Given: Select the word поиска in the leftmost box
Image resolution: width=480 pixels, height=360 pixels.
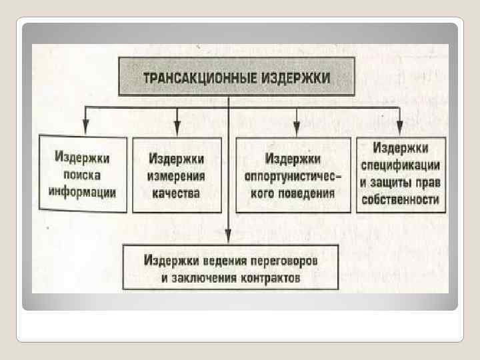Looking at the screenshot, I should click(82, 175).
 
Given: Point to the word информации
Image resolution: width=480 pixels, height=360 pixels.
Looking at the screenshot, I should click(83, 192).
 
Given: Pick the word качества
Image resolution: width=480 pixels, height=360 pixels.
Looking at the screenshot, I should click(177, 193).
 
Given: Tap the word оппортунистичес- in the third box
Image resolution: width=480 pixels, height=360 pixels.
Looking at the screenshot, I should click(293, 177).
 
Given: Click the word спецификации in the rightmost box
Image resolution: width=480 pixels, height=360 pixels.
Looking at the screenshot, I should click(399, 164).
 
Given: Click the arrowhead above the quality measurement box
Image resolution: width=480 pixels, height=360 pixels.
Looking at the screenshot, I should click(177, 127).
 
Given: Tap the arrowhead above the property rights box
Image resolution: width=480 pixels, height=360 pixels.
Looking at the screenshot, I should click(399, 127).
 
